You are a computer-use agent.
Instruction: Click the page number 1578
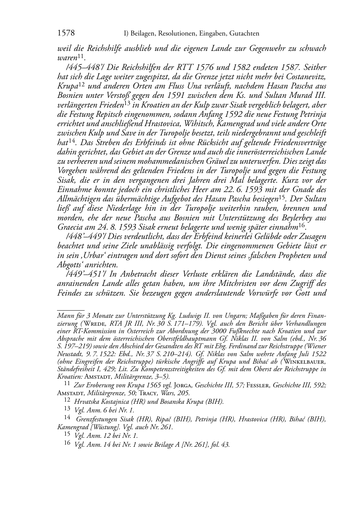(66, 34)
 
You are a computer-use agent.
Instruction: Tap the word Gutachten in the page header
(243, 34)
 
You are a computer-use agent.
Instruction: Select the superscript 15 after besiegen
(283, 197)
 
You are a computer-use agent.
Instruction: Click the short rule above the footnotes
(71, 307)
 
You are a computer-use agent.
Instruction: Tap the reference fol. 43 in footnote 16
(219, 445)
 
